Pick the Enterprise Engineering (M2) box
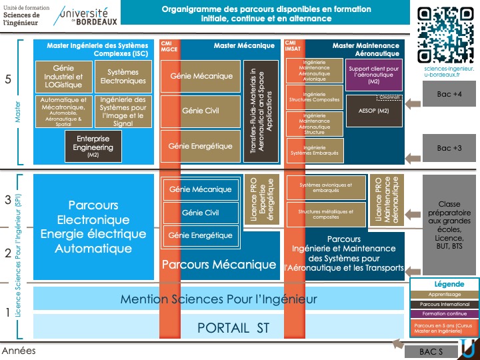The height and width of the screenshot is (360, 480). pyautogui.click(x=93, y=147)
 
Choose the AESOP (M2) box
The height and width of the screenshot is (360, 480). pyautogui.click(x=373, y=111)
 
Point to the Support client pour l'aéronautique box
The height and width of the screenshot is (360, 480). pyautogui.click(x=374, y=75)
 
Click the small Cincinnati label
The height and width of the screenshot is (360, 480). pyautogui.click(x=390, y=97)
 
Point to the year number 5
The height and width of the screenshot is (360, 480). pyautogui.click(x=7, y=79)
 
